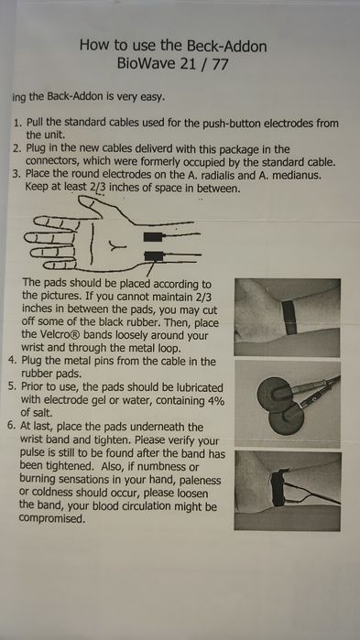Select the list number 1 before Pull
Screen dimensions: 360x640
click(x=16, y=123)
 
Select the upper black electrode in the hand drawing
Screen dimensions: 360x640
click(x=153, y=237)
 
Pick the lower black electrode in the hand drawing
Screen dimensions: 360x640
click(x=154, y=256)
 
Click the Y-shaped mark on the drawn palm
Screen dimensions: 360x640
click(x=117, y=245)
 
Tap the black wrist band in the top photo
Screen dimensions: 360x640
click(x=289, y=317)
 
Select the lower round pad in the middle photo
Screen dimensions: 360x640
click(x=286, y=418)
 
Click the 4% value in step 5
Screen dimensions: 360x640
click(x=216, y=400)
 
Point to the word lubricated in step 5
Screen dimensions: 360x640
click(x=199, y=387)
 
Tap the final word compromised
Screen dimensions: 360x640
click(x=51, y=519)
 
